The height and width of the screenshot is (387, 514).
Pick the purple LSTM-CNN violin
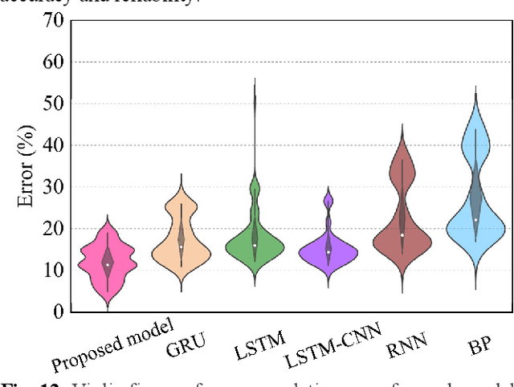[328, 251]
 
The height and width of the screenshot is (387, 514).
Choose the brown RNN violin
[402, 233]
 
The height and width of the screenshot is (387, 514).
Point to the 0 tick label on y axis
[57, 312]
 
